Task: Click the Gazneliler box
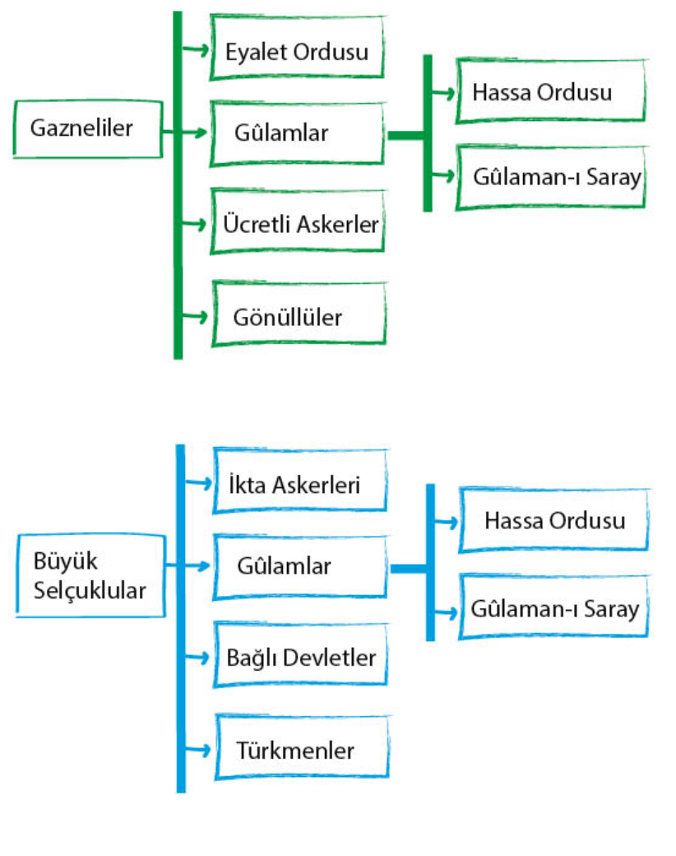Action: click(86, 129)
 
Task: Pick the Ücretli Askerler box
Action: click(300, 223)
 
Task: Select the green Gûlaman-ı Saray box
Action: click(550, 177)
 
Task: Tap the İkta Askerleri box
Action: click(299, 484)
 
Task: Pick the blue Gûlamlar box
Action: click(300, 566)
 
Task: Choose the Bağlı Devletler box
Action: click(300, 658)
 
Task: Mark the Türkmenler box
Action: click(300, 750)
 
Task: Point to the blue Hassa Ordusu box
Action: click(553, 520)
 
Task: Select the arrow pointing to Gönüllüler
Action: click(196, 316)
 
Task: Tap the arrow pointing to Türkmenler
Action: click(197, 749)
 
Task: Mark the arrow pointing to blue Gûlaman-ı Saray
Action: click(445, 612)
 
